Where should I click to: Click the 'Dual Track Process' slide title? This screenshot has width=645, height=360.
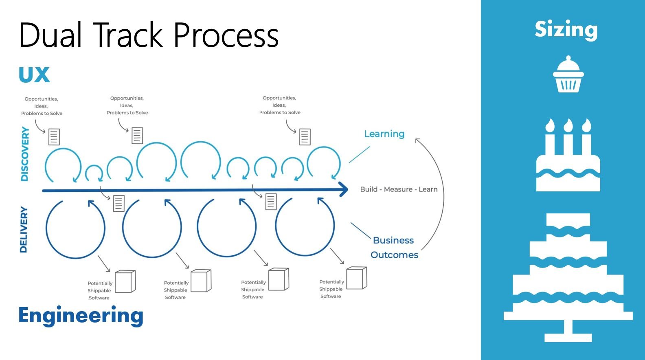tap(149, 35)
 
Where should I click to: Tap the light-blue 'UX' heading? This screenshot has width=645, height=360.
tap(34, 75)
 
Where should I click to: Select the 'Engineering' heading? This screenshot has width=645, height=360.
tap(81, 316)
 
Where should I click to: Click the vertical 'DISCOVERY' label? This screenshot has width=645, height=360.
tap(25, 154)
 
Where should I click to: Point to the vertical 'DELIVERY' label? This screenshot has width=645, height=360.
tap(24, 230)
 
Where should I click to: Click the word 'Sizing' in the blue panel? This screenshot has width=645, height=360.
tap(566, 29)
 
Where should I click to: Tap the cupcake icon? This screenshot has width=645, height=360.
tap(568, 75)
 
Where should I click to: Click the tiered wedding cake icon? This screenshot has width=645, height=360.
tap(568, 277)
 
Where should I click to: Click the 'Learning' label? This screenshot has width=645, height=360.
tap(384, 134)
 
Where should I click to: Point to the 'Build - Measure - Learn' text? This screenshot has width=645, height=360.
tap(399, 189)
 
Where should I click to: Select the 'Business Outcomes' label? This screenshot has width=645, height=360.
tap(394, 248)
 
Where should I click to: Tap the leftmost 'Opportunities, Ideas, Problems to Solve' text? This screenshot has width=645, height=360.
tap(42, 106)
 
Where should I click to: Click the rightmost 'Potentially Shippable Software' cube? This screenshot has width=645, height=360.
tap(357, 278)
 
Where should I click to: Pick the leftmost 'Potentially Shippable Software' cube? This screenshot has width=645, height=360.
tap(125, 281)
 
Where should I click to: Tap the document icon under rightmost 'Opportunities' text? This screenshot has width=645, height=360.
tap(305, 137)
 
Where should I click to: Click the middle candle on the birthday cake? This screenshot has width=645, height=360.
tap(568, 138)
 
